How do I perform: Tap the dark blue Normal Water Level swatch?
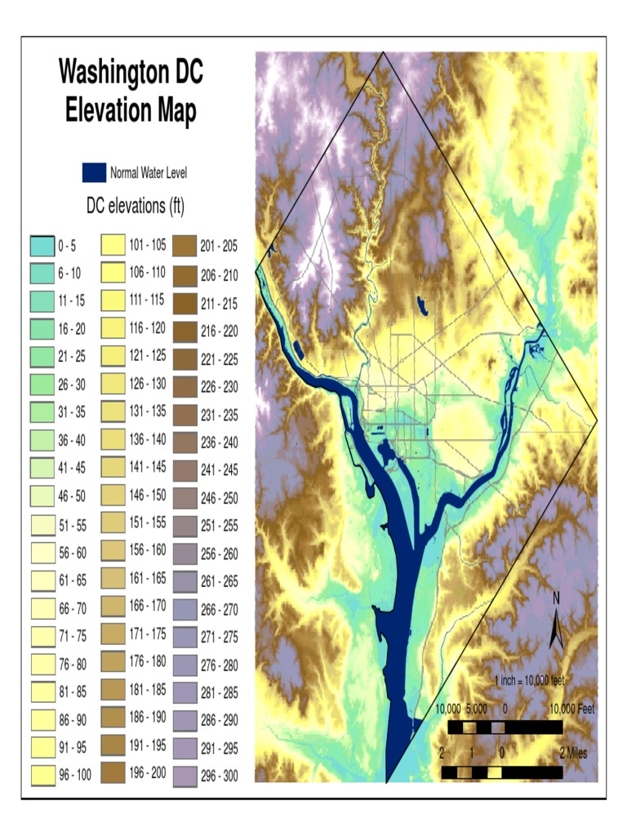coord(94,172)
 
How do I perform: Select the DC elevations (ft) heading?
coord(136,207)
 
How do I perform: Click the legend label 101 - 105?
coord(148,244)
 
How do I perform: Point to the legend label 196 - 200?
coord(148,773)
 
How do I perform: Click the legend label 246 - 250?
coord(219,497)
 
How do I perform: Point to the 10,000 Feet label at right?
coord(571,709)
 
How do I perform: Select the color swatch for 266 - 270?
coord(185,608)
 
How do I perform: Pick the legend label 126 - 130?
coord(148,384)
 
